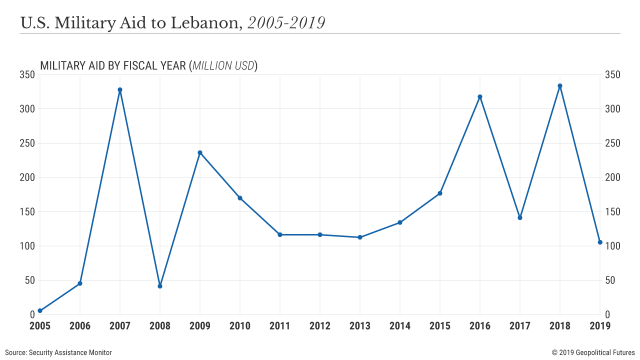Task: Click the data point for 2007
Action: pyautogui.click(x=120, y=90)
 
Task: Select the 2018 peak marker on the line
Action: pyautogui.click(x=560, y=86)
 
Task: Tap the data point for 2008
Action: pyautogui.click(x=160, y=286)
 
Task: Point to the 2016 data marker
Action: pyautogui.click(x=480, y=97)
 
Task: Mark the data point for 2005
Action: pyautogui.click(x=40, y=310)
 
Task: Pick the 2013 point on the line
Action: pyautogui.click(x=360, y=237)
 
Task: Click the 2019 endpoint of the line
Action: pyautogui.click(x=600, y=242)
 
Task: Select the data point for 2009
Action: pyautogui.click(x=200, y=152)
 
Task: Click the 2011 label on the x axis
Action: pyautogui.click(x=280, y=326)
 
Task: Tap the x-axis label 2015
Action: pyautogui.click(x=440, y=326)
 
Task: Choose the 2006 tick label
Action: pyautogui.click(x=80, y=326)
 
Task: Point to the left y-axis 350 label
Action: pyautogui.click(x=26, y=75)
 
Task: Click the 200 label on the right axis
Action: pyautogui.click(x=613, y=177)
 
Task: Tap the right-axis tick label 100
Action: pyautogui.click(x=613, y=246)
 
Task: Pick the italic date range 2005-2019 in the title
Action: pyautogui.click(x=286, y=23)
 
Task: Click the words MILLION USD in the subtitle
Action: pyautogui.click(x=223, y=65)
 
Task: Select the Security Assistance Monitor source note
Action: pyautogui.click(x=58, y=352)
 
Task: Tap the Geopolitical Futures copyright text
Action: pyautogui.click(x=593, y=352)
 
